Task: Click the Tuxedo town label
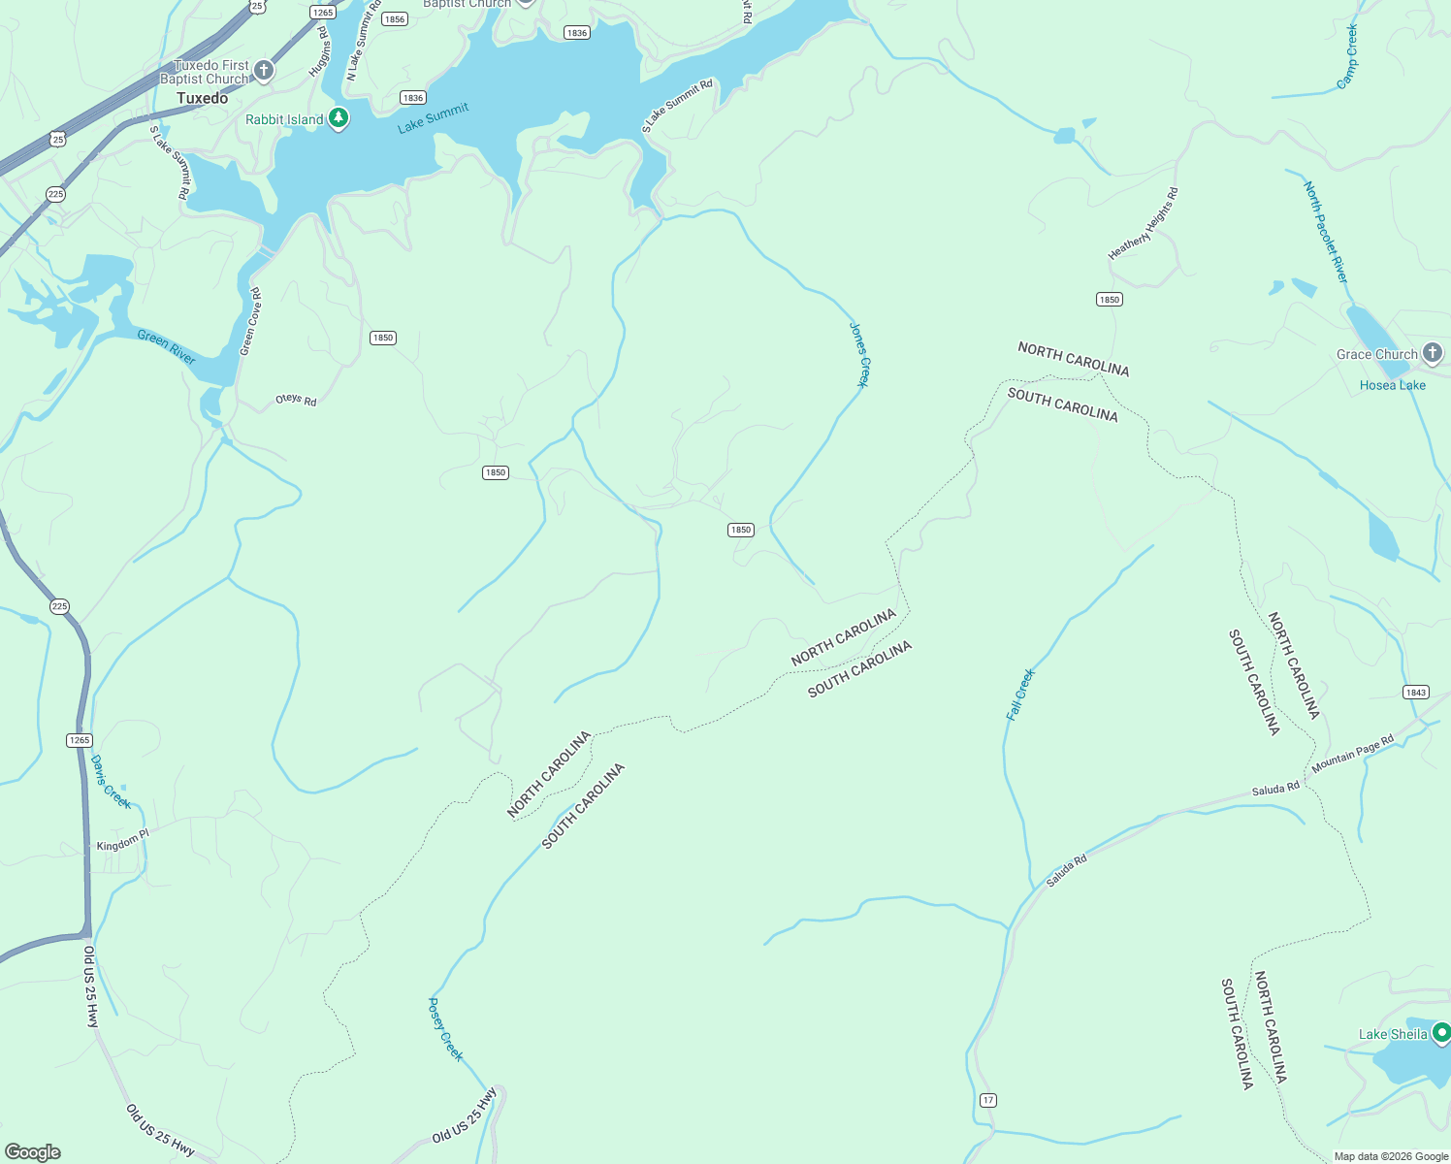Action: pos(203,98)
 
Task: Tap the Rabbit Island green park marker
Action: pos(338,118)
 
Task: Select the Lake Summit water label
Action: pos(434,117)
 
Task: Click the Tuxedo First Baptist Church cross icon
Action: pos(264,71)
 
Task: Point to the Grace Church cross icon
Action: pos(1433,353)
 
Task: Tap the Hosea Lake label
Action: pos(1392,385)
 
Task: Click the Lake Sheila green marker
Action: pos(1441,1032)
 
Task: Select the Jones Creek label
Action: pos(859,355)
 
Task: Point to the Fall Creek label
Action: pos(1020,694)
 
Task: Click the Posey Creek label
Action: pos(445,1029)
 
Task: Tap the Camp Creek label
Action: pos(1347,57)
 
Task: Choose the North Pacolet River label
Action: pos(1326,232)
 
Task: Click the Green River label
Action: pos(166,346)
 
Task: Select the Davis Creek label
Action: pos(110,782)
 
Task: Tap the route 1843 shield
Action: pos(1415,692)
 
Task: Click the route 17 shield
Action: pos(987,1100)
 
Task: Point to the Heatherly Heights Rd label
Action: pos(1144,223)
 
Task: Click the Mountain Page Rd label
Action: pos(1352,754)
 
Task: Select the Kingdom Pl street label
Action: pos(123,840)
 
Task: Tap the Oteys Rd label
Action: pos(296,400)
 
